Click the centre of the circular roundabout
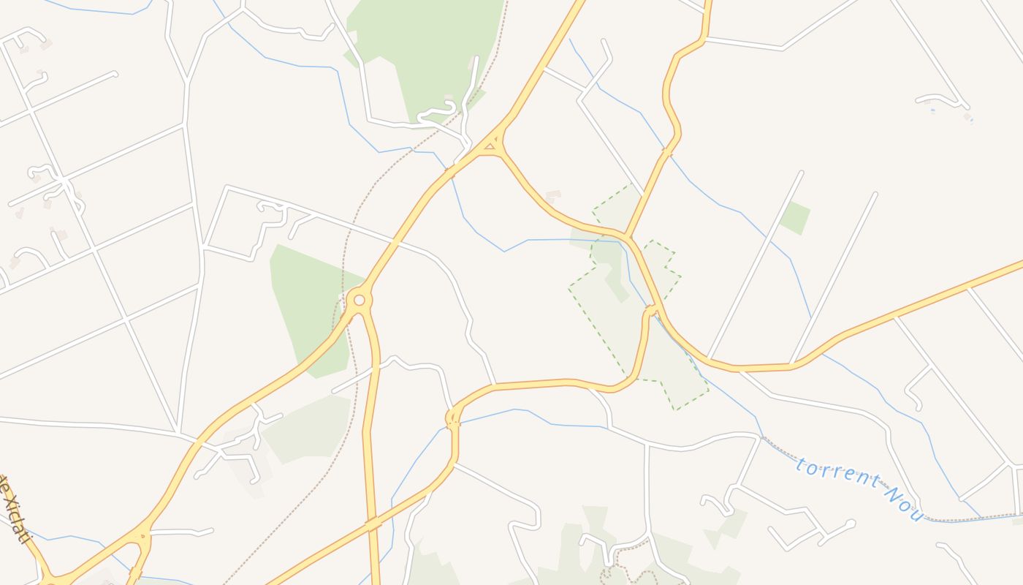[359, 300]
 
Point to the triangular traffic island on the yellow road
[490, 147]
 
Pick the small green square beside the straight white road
[795, 218]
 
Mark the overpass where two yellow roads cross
[373, 524]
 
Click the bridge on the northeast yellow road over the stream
[666, 152]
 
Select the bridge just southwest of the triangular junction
[449, 174]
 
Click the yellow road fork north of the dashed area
[628, 236]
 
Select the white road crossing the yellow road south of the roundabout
[376, 369]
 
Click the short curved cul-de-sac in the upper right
[943, 98]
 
